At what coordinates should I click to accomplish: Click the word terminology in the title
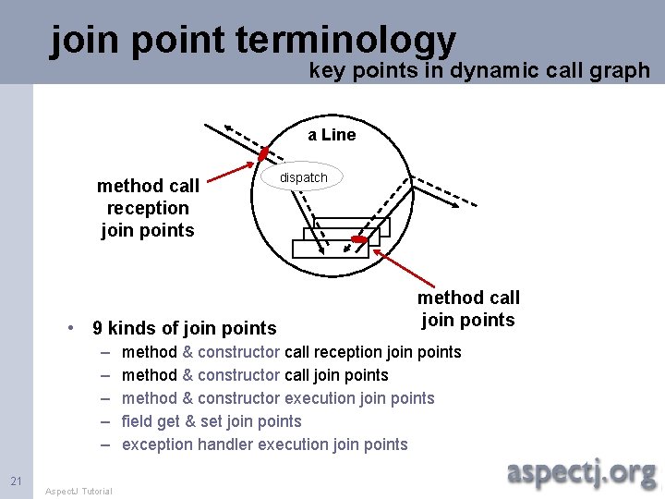[346, 40]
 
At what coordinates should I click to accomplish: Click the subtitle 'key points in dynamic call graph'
[478, 71]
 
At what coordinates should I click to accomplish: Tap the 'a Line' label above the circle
[332, 135]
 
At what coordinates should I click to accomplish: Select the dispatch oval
[303, 177]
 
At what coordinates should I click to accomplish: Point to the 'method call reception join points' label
[148, 208]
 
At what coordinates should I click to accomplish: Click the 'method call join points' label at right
[468, 309]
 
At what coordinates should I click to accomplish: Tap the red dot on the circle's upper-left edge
[263, 153]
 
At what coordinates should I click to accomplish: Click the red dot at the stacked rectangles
[359, 240]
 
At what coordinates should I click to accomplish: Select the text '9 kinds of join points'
[185, 328]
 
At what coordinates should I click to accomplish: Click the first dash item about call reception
[291, 352]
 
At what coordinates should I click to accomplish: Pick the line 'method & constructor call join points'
[255, 375]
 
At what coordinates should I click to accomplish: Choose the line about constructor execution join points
[278, 398]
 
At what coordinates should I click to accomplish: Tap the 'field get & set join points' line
[212, 421]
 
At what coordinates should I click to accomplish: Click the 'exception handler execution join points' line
[264, 444]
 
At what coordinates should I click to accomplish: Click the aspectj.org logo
[582, 472]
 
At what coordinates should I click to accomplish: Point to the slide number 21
[16, 481]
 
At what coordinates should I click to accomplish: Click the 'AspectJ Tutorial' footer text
[79, 491]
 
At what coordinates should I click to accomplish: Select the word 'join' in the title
[86, 40]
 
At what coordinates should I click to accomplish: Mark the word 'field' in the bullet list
[137, 421]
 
